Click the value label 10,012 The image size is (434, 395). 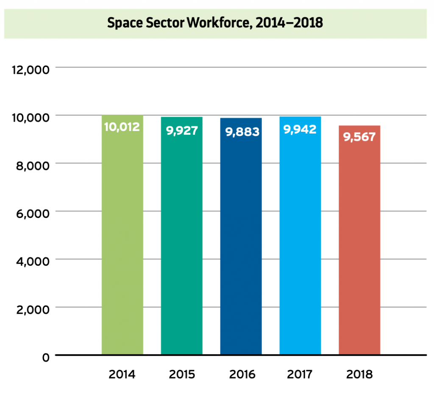click(x=122, y=127)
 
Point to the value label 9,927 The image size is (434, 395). click(x=182, y=130)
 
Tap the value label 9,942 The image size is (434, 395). click(x=300, y=129)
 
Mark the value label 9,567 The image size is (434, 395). click(x=359, y=137)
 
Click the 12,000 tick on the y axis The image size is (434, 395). click(x=30, y=69)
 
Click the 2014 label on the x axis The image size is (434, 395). click(x=122, y=375)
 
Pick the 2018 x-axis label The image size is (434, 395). click(x=359, y=375)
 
